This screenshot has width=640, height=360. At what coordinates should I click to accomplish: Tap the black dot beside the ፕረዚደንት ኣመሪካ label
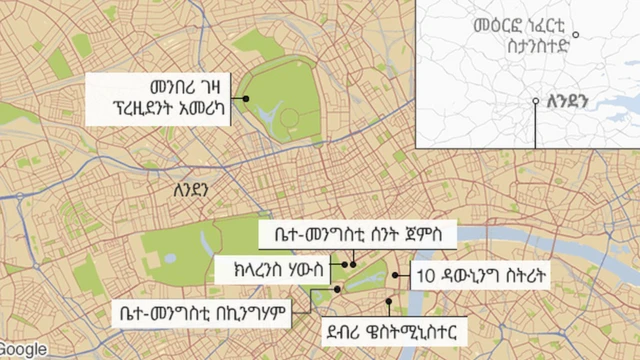pyautogui.click(x=244, y=99)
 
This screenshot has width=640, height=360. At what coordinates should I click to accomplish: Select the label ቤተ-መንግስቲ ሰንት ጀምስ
pyautogui.click(x=357, y=236)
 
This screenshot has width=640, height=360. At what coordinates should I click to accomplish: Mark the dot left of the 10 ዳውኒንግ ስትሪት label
pyautogui.click(x=396, y=274)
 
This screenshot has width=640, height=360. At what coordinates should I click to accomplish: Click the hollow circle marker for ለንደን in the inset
pyautogui.click(x=535, y=102)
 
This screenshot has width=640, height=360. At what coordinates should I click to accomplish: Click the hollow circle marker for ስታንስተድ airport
pyautogui.click(x=577, y=35)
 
